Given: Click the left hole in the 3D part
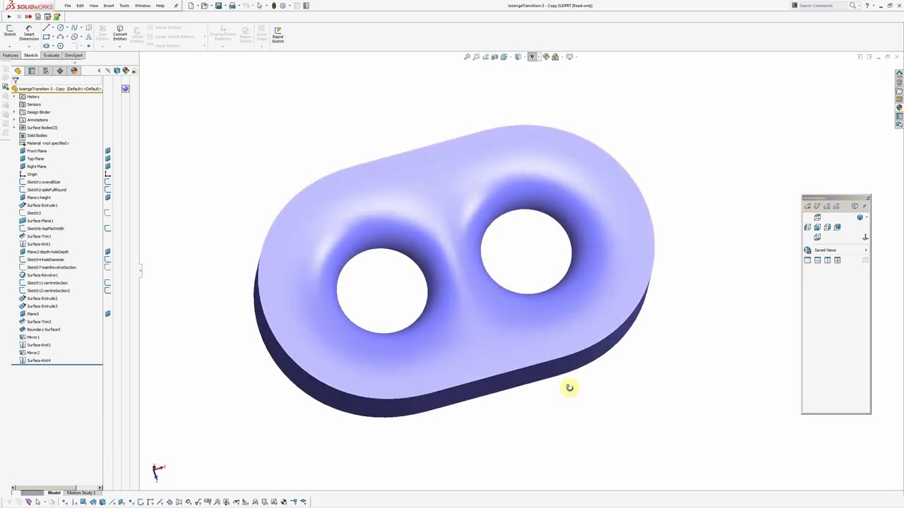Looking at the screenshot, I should [x=382, y=291].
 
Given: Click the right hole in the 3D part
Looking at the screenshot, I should [x=526, y=251].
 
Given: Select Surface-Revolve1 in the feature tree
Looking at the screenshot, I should [x=42, y=275].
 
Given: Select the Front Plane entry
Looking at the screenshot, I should [x=36, y=151].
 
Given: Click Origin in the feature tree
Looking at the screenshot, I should [x=32, y=174].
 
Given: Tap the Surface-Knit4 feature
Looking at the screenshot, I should [x=38, y=361].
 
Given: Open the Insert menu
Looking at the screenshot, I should [x=109, y=6].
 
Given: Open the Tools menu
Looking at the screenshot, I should [x=124, y=6].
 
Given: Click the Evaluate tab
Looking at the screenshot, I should [x=52, y=55].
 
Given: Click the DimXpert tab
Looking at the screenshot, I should [x=73, y=55].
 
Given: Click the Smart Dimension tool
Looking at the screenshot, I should [x=29, y=34].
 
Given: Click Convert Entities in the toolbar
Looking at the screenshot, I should [x=120, y=34].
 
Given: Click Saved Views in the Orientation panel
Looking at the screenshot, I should [x=825, y=250].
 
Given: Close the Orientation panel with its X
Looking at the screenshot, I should [x=867, y=198].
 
